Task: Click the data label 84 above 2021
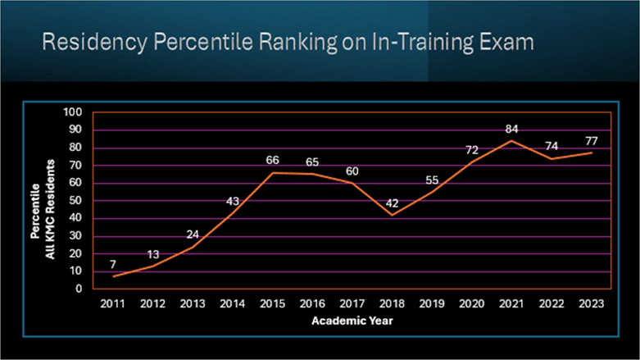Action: [511, 129]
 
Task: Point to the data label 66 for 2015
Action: [273, 161]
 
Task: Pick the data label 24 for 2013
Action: [193, 235]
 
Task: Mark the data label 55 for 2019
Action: [432, 180]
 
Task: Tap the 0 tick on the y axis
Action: [79, 289]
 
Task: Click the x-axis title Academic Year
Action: [352, 320]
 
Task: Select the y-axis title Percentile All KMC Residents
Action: [43, 201]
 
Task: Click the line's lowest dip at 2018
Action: [392, 215]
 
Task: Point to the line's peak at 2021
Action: [511, 140]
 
